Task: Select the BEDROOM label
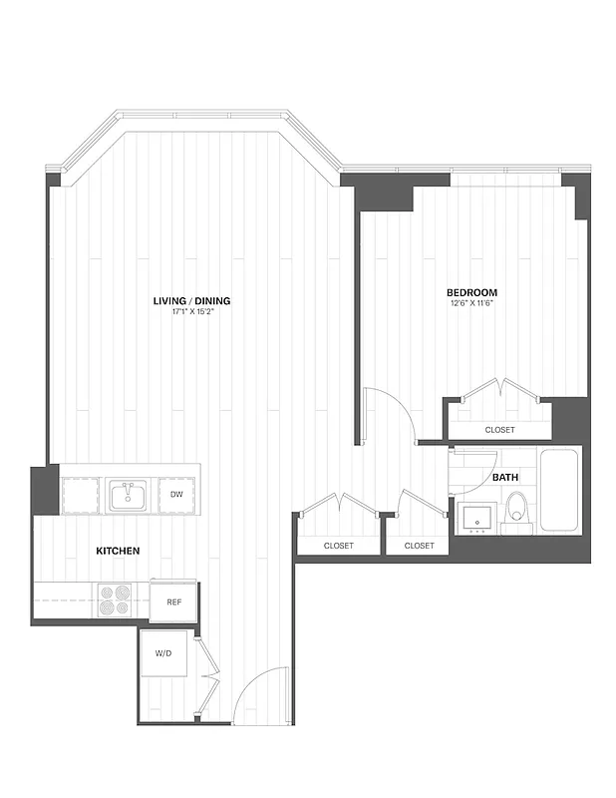click(x=471, y=292)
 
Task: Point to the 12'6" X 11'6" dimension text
click(x=471, y=303)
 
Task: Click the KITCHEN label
click(x=117, y=551)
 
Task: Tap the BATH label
click(x=505, y=478)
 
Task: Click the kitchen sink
click(x=128, y=495)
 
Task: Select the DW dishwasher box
click(x=176, y=495)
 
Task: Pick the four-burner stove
click(x=115, y=601)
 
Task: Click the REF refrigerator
click(x=173, y=601)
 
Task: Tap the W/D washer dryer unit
click(x=165, y=654)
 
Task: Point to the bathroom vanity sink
click(x=475, y=519)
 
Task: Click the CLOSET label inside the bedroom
click(x=499, y=430)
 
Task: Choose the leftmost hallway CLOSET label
click(x=339, y=546)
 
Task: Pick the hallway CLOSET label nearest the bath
click(x=419, y=546)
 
